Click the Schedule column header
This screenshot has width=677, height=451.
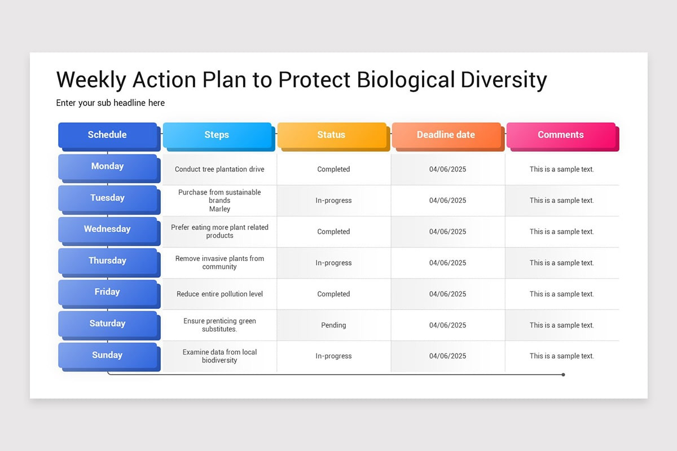107,135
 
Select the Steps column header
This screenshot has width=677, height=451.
217,135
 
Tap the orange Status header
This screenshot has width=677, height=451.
331,135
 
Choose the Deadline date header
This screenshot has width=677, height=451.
446,135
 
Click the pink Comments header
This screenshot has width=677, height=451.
560,135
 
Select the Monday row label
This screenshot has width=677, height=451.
107,166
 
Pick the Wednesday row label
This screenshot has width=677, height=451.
107,229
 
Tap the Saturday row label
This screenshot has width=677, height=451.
107,324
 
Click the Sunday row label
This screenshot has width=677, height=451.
107,355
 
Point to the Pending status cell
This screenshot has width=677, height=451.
333,325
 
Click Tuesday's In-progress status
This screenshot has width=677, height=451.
333,201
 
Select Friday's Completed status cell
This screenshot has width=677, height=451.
333,294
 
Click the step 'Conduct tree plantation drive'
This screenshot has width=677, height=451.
219,169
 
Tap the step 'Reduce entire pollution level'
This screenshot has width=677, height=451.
219,294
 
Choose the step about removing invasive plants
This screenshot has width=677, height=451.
219,263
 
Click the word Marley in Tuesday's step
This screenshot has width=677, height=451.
219,209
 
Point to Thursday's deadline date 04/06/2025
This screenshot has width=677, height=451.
447,263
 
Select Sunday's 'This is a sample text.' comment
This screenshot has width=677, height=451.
561,356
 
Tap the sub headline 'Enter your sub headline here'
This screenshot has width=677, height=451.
111,103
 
